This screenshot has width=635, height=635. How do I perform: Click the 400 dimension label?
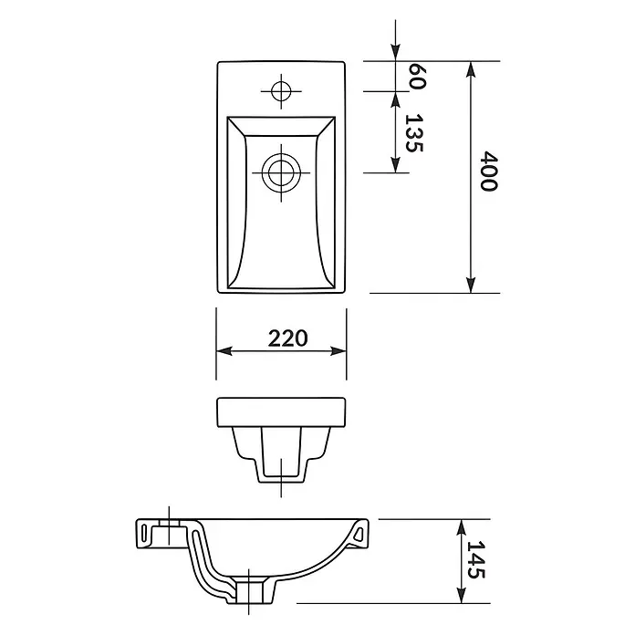[x=489, y=171]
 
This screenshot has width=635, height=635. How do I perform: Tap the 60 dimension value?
[x=417, y=76]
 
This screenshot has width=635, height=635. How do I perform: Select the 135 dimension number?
[x=414, y=133]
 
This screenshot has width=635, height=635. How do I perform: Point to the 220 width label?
[x=287, y=338]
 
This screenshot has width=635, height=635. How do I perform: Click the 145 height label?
[x=476, y=559]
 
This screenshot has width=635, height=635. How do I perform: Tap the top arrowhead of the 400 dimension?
[x=470, y=68]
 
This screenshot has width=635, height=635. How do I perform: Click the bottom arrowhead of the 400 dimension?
[x=470, y=286]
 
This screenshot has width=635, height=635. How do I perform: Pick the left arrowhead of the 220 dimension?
[x=224, y=351]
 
